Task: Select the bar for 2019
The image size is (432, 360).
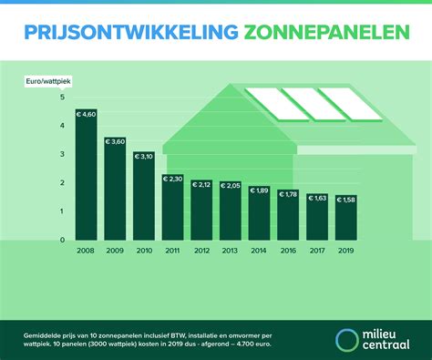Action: pyautogui.click(x=347, y=218)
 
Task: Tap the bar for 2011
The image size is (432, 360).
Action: pyautogui.click(x=173, y=208)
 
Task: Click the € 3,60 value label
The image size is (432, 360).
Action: pyautogui.click(x=116, y=142)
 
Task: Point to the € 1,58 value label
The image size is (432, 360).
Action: pyautogui.click(x=347, y=201)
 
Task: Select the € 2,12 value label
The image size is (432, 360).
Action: pyautogui.click(x=202, y=185)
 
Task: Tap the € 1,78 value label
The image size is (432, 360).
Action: pyautogui.click(x=289, y=194)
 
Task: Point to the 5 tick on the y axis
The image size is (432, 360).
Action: pyautogui.click(x=63, y=98)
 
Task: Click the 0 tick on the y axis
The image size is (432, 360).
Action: pyautogui.click(x=63, y=240)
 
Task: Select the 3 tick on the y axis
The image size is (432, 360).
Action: pyautogui.click(x=63, y=154)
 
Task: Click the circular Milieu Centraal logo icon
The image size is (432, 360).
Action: pyautogui.click(x=347, y=339)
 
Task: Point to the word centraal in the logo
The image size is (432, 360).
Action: pyautogui.click(x=387, y=346)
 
